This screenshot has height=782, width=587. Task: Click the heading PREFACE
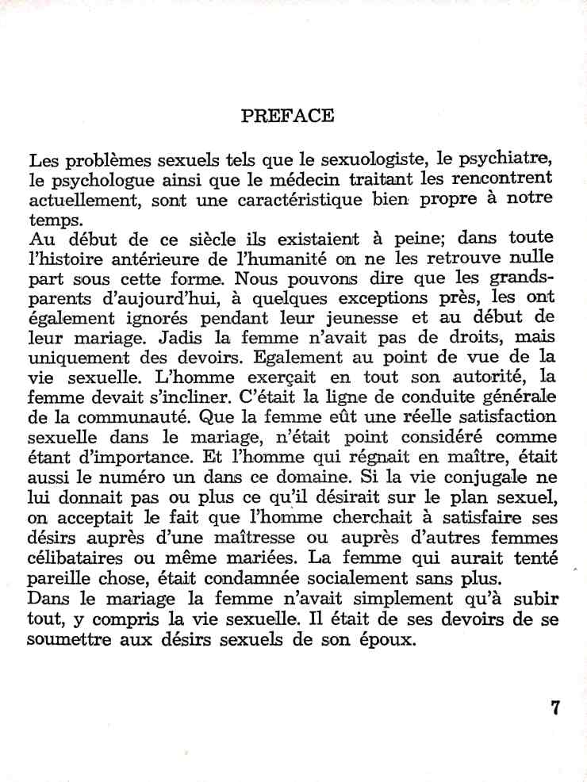(287, 116)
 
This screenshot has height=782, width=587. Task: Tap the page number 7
(555, 708)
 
